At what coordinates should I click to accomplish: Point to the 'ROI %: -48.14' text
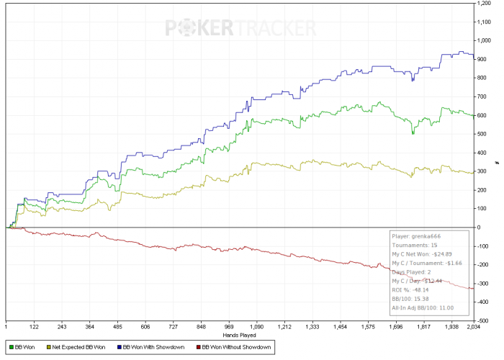tap(408, 289)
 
